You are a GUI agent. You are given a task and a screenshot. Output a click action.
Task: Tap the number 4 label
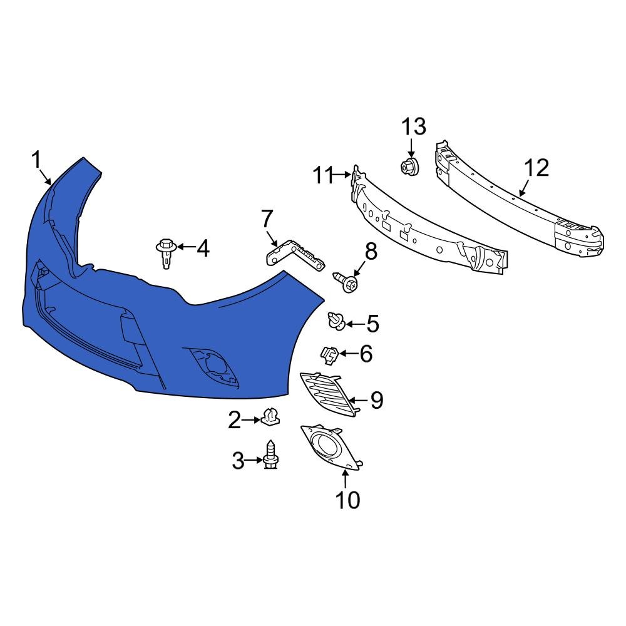[202, 249]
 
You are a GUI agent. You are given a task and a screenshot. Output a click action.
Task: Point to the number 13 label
[413, 127]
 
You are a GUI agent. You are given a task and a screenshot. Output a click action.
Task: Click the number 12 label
[536, 168]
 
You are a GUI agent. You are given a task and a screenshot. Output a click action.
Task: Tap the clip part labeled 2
[269, 416]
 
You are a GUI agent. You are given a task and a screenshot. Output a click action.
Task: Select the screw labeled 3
[272, 456]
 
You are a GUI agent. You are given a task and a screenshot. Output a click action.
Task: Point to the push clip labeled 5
[337, 322]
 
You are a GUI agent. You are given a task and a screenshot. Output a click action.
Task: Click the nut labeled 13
[410, 167]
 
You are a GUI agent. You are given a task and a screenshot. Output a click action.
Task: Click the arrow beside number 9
[358, 399]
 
